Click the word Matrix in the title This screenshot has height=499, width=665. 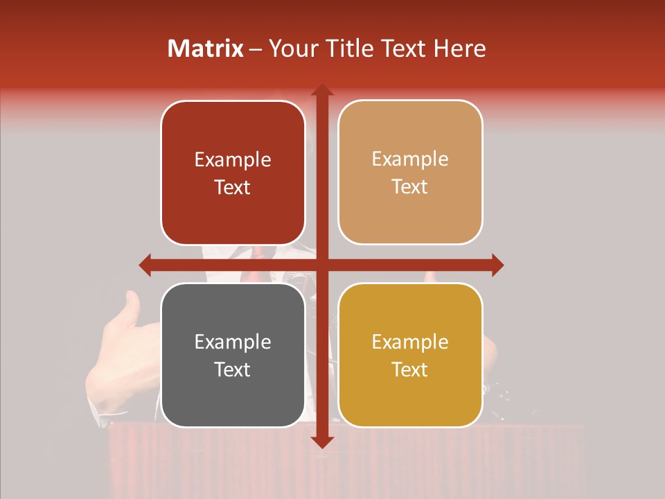click(x=206, y=49)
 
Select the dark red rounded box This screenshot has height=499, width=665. click(x=233, y=173)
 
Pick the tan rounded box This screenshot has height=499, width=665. click(x=410, y=173)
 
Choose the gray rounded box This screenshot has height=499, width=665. click(x=233, y=355)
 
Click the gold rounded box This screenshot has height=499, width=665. click(x=410, y=355)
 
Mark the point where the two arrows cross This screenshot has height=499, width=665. click(x=321, y=265)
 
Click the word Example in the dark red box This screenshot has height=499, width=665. click(x=233, y=160)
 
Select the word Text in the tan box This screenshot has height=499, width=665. click(x=410, y=187)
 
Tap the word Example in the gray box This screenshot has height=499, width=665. click(x=233, y=342)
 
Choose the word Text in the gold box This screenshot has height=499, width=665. click(x=410, y=369)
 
